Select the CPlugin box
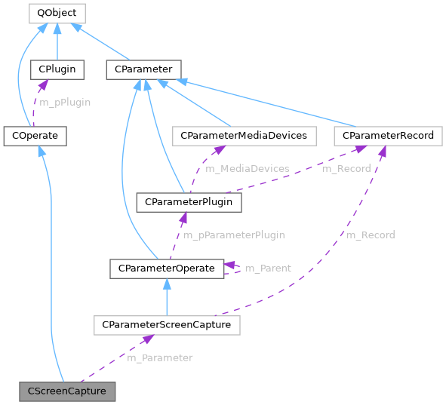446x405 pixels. (57, 70)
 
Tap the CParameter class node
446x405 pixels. (143, 70)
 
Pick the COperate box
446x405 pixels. (35, 136)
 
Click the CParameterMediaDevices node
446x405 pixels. (243, 136)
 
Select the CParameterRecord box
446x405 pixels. (388, 136)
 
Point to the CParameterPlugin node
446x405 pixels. (189, 202)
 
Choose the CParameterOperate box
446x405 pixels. (166, 268)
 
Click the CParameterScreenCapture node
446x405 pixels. (167, 325)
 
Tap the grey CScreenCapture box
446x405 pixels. (67, 391)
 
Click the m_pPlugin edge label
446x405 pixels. (65, 103)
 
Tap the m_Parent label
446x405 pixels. (268, 268)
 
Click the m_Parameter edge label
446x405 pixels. (159, 358)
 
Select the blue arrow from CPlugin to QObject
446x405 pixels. (57, 42)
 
